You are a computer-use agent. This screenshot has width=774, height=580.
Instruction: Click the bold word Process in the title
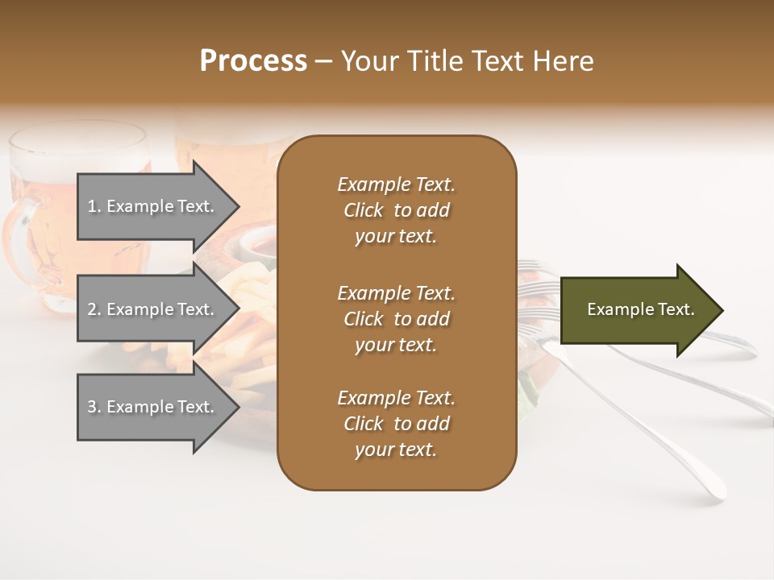(x=253, y=61)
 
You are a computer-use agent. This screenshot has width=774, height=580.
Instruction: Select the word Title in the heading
(x=435, y=61)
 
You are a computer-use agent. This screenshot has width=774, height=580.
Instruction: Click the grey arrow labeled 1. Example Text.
(x=153, y=206)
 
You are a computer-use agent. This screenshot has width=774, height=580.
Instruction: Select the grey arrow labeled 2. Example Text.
(x=153, y=309)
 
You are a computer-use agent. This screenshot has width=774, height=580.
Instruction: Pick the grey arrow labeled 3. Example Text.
(x=153, y=407)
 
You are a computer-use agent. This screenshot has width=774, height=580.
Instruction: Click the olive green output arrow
(x=637, y=310)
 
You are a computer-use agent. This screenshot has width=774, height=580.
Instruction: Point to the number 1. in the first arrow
(x=94, y=207)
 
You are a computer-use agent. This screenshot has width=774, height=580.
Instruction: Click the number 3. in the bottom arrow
(x=94, y=408)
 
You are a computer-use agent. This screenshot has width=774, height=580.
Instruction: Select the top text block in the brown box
(x=396, y=210)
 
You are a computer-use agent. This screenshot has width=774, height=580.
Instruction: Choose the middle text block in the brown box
(x=396, y=319)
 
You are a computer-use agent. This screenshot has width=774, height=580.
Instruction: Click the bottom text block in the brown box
(x=396, y=424)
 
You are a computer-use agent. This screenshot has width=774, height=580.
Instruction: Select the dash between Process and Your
(x=324, y=61)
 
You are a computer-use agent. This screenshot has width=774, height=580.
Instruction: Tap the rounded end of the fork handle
(x=714, y=487)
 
